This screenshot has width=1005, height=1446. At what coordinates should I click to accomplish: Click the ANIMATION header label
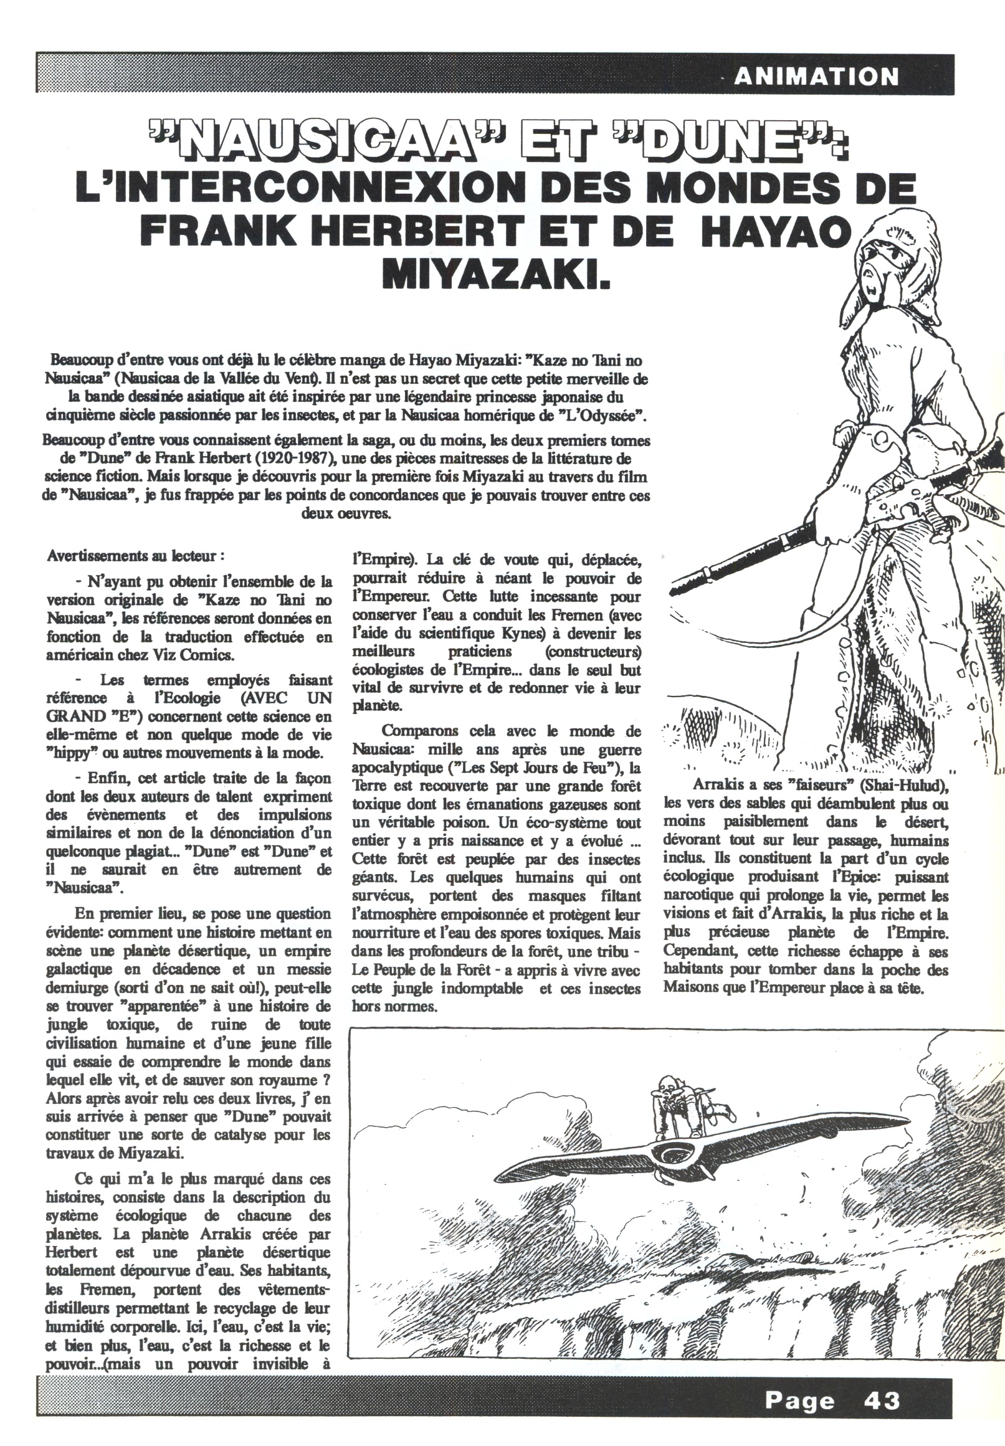[816, 77]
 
